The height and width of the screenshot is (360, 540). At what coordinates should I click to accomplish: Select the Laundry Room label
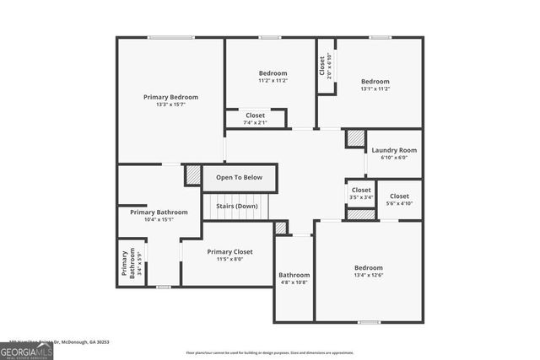[x=394, y=150]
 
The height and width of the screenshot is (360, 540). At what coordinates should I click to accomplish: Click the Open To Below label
[x=239, y=177]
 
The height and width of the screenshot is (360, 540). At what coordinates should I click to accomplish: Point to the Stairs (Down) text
[x=236, y=206]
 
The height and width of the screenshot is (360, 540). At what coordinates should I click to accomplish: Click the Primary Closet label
[x=229, y=251]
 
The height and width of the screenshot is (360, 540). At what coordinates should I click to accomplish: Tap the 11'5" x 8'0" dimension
[x=229, y=259]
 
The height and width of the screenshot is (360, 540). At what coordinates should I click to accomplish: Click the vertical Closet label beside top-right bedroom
[x=321, y=65]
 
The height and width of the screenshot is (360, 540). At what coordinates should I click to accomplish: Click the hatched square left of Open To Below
[x=193, y=175]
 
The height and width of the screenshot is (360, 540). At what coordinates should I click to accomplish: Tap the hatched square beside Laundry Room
[x=354, y=138]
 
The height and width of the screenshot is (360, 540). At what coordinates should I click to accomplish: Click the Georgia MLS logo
[x=26, y=351]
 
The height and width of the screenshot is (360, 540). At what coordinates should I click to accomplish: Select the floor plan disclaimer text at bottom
[x=270, y=352]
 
